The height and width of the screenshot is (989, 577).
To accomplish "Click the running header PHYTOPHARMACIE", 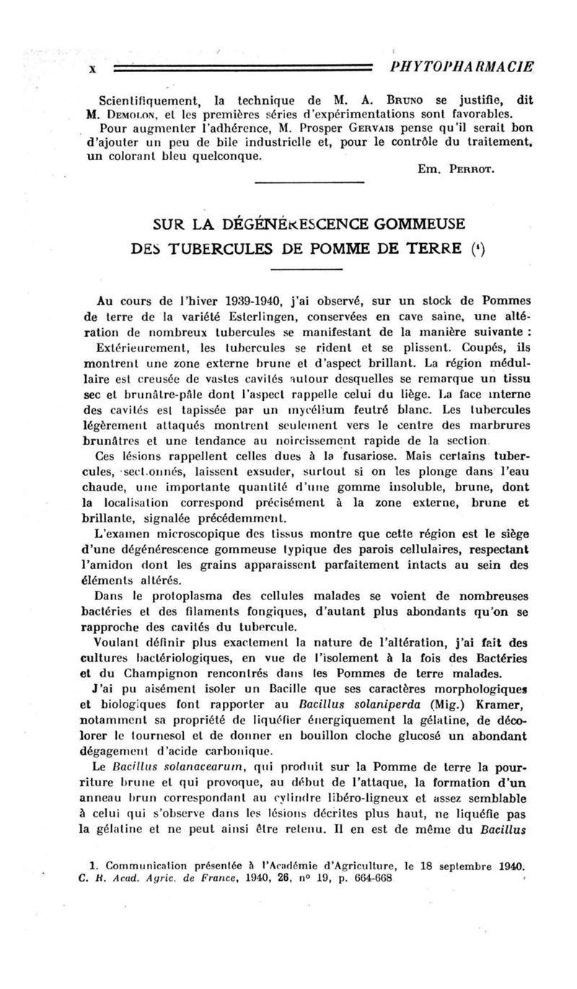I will (x=460, y=66).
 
